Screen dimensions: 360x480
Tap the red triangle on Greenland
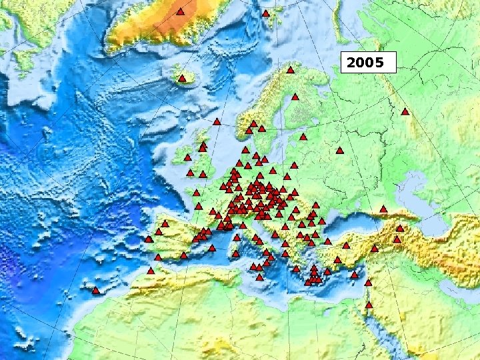pyautogui.click(x=180, y=12)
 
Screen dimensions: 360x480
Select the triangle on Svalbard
pyautogui.click(x=265, y=13)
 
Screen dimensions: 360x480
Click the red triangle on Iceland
pyautogui.click(x=181, y=79)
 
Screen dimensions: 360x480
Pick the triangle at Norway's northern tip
pyautogui.click(x=291, y=70)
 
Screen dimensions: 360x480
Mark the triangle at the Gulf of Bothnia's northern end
pyautogui.click(x=295, y=97)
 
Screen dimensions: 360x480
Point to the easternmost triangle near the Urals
pyautogui.click(x=405, y=112)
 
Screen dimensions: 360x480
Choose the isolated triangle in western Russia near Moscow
pyautogui.click(x=339, y=151)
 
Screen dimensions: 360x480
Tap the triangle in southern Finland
pyautogui.click(x=303, y=137)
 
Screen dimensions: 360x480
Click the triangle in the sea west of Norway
pyautogui.click(x=217, y=122)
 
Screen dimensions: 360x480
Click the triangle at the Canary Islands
pyautogui.click(x=96, y=291)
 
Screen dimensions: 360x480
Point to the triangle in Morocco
pyautogui.click(x=151, y=271)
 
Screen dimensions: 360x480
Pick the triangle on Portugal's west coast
pyautogui.click(x=149, y=239)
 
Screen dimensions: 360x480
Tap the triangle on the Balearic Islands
pyautogui.click(x=212, y=248)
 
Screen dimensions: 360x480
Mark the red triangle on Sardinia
pyautogui.click(x=235, y=253)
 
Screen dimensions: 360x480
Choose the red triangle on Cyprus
pyautogui.click(x=354, y=275)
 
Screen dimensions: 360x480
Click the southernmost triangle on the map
pyautogui.click(x=369, y=305)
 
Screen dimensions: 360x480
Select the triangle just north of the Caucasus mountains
pyautogui.click(x=383, y=209)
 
